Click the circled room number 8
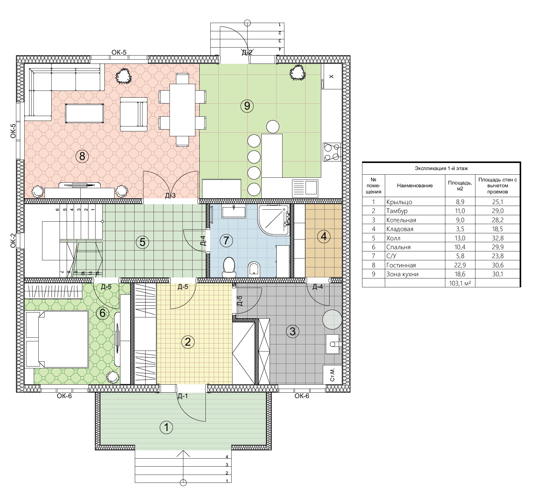[x=82, y=156]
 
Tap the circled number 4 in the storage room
[x=323, y=236]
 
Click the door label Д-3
[x=170, y=196]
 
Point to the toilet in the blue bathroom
[x=228, y=265]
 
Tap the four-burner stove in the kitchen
[x=332, y=152]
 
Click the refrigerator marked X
[x=331, y=76]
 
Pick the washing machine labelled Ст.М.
[x=332, y=375]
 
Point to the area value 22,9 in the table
[x=460, y=265]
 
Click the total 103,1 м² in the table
[x=460, y=283]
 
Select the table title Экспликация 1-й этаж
[x=441, y=168]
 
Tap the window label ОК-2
[x=13, y=241]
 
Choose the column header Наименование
[x=415, y=185]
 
